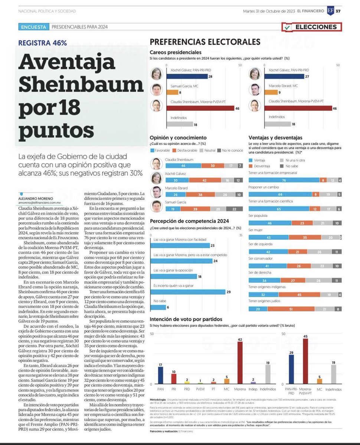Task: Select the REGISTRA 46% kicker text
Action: [x=43, y=43]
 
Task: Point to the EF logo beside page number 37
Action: [x=330, y=11]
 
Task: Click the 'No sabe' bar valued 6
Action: [x=158, y=307]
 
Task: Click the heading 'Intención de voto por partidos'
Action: [x=186, y=319]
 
